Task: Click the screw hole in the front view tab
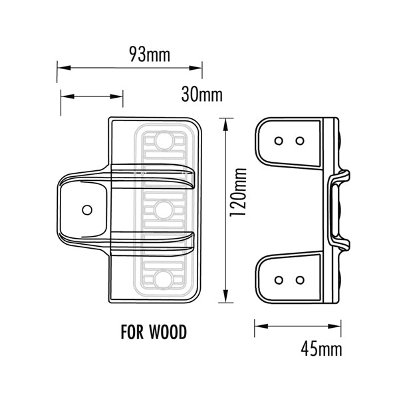(86, 209)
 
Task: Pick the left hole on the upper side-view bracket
(279, 140)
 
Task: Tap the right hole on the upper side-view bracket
(300, 140)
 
